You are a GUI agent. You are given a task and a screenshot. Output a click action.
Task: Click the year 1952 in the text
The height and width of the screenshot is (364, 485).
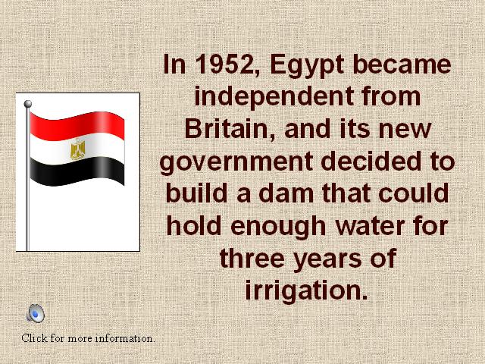coord(228,64)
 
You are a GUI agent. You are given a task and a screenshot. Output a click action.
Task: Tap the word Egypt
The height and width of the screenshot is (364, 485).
coord(307,66)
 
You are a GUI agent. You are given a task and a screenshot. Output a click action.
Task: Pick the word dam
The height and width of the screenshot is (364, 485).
coord(286,193)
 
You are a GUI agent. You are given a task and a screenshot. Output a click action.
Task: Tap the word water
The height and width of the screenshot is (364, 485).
coord(371,226)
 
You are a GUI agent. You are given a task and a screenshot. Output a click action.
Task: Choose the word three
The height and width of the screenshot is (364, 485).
coord(252,258)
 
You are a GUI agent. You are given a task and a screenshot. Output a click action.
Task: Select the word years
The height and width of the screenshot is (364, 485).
coord(327,259)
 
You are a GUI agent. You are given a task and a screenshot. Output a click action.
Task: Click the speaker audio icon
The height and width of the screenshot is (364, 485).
coord(36,313)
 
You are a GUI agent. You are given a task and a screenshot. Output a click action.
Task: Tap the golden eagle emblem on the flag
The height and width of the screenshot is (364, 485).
coord(77,150)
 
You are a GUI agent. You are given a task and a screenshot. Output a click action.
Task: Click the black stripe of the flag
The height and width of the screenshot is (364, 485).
coord(77,171)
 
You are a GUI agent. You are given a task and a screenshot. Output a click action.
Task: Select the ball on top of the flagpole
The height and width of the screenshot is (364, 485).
coord(28,104)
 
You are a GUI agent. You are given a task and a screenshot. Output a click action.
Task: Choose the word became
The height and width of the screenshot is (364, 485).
coord(402,64)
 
